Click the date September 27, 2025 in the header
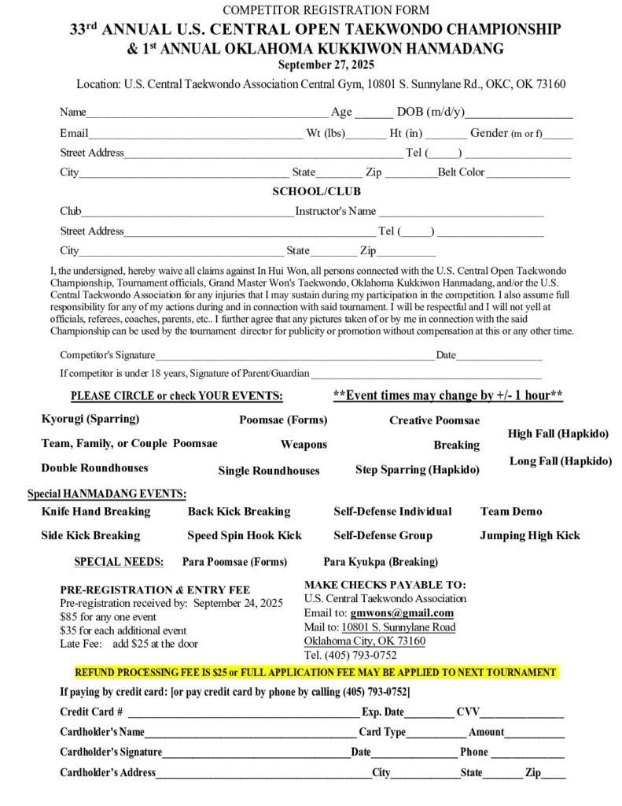[315, 65]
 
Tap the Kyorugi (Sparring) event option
[90, 419]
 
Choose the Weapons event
[304, 445]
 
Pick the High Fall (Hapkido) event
[558, 433]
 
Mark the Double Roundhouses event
[94, 468]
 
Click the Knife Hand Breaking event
[96, 512]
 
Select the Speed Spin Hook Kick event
[245, 536]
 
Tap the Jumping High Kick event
[530, 536]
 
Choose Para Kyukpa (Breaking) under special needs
[381, 562]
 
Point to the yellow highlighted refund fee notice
[315, 673]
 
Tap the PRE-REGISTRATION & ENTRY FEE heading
[155, 590]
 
